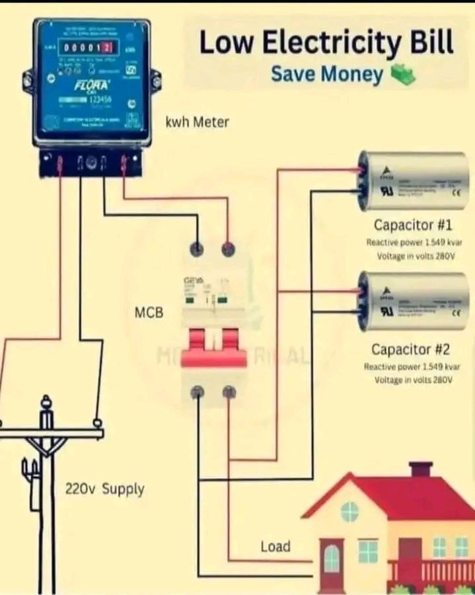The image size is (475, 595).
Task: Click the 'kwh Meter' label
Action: pos(196,122)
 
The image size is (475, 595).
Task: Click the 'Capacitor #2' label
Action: pos(410,348)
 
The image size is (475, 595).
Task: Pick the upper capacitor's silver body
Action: pos(413,180)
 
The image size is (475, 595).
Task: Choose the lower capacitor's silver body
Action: pos(413,301)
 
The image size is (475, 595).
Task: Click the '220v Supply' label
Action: pos(104,490)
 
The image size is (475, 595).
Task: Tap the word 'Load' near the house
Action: pos(275,546)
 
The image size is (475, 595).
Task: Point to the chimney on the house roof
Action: pos(421,469)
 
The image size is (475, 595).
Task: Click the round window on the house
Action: pos(349,511)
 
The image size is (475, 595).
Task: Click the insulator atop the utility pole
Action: pos(46,403)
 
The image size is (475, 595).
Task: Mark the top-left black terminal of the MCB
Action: pos(197,250)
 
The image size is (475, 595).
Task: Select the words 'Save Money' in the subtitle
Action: pos(326,74)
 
